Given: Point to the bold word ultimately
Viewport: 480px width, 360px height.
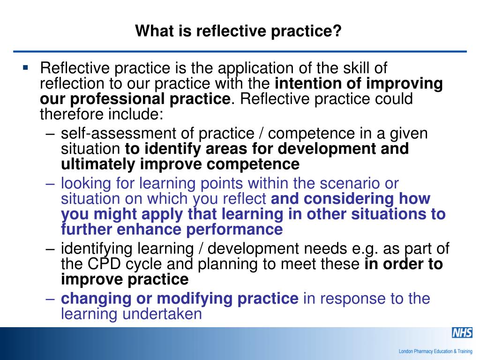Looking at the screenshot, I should click(98, 164).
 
